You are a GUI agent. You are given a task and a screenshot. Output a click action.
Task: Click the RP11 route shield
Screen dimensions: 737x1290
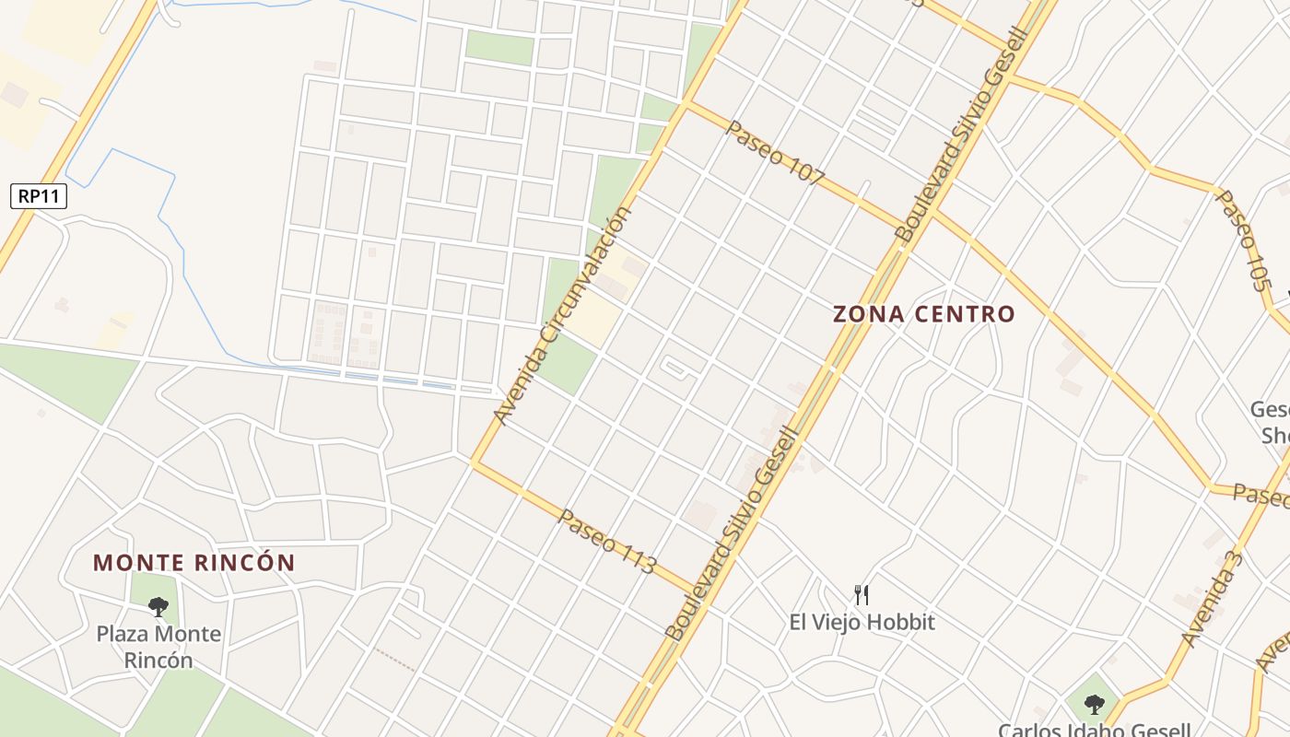39,195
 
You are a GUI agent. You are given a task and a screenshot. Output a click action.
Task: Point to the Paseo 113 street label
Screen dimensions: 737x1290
606,542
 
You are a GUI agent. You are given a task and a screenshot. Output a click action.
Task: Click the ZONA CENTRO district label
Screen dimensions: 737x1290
923,314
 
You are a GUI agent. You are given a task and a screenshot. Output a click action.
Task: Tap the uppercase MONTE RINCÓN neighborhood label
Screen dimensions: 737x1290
194,563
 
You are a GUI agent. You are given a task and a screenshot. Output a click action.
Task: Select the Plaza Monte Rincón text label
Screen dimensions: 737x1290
158,647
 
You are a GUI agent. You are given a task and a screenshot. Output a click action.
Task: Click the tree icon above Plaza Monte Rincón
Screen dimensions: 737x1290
158,606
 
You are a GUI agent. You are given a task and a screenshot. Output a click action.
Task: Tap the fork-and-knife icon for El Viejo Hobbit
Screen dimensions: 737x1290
862,594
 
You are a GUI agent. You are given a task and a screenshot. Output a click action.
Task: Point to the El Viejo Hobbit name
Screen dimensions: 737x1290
862,623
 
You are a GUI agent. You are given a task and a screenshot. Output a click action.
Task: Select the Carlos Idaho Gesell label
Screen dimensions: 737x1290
1094,730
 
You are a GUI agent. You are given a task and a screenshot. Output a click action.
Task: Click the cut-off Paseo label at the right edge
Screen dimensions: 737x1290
1261,496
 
